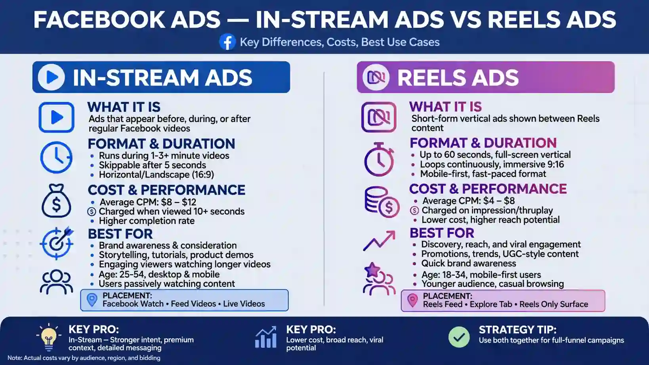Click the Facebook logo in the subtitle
click(227, 42)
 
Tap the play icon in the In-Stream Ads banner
click(51, 77)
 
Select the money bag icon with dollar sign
click(56, 201)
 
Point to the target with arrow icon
click(57, 243)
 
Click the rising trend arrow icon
click(379, 241)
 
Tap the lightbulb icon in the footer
click(49, 337)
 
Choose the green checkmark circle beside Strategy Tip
click(459, 337)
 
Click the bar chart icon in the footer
click(266, 337)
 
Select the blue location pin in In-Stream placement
click(92, 300)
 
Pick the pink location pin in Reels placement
click(412, 301)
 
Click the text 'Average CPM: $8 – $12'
click(148, 202)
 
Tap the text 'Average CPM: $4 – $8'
click(468, 201)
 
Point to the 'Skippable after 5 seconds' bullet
click(153, 165)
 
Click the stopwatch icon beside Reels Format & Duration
click(379, 159)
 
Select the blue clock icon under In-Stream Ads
click(56, 157)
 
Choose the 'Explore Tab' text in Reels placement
click(491, 304)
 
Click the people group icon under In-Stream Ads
click(56, 282)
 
